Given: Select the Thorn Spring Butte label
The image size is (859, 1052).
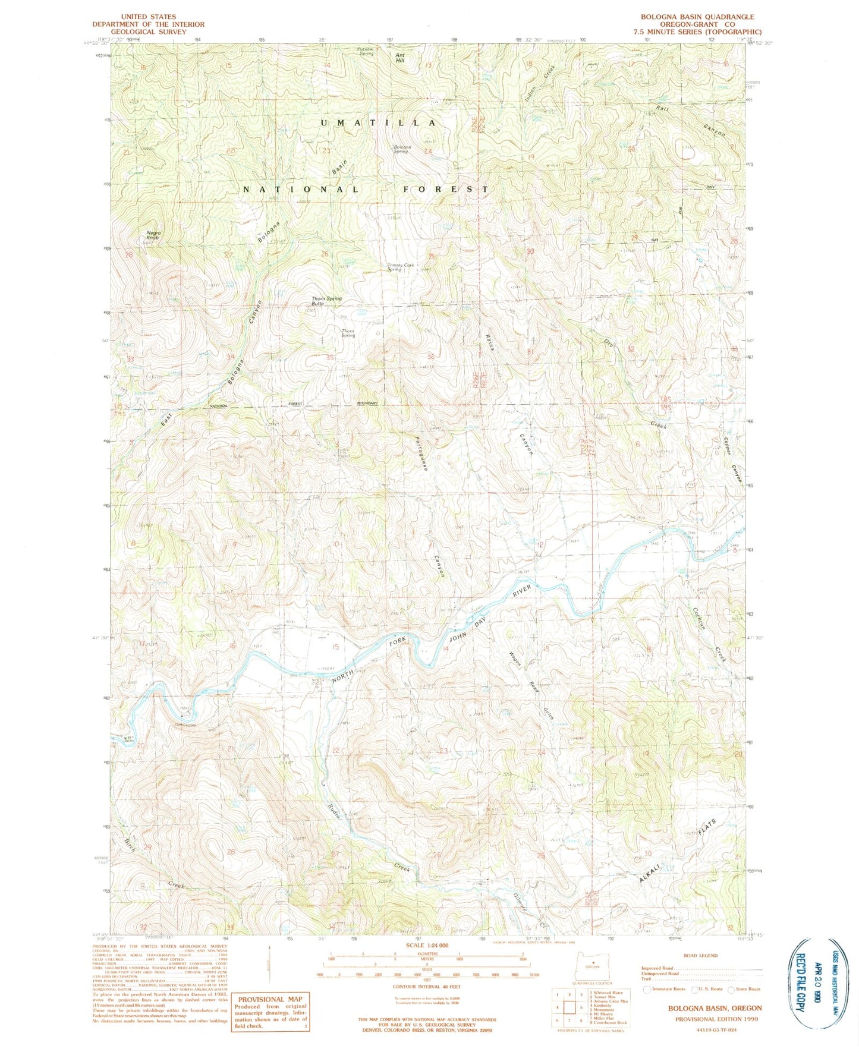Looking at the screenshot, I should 326,301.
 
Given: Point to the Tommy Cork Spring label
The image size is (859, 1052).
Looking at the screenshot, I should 401,267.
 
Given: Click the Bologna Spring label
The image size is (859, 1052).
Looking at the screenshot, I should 401,149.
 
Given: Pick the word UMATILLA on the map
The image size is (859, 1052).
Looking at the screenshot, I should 379,122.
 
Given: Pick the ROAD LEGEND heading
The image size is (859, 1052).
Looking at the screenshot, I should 701,956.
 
